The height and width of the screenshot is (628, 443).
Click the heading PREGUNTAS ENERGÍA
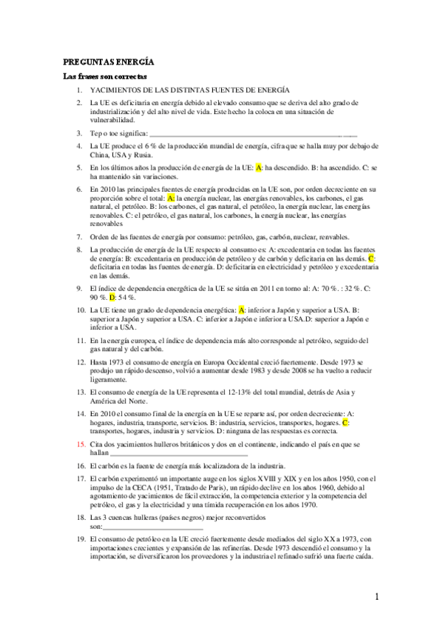(107, 64)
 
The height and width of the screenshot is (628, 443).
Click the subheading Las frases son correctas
(105, 77)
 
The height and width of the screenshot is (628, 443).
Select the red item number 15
(81, 444)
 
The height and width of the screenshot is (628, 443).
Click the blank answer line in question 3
(251, 134)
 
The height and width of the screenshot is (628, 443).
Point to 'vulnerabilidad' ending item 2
(112, 119)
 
